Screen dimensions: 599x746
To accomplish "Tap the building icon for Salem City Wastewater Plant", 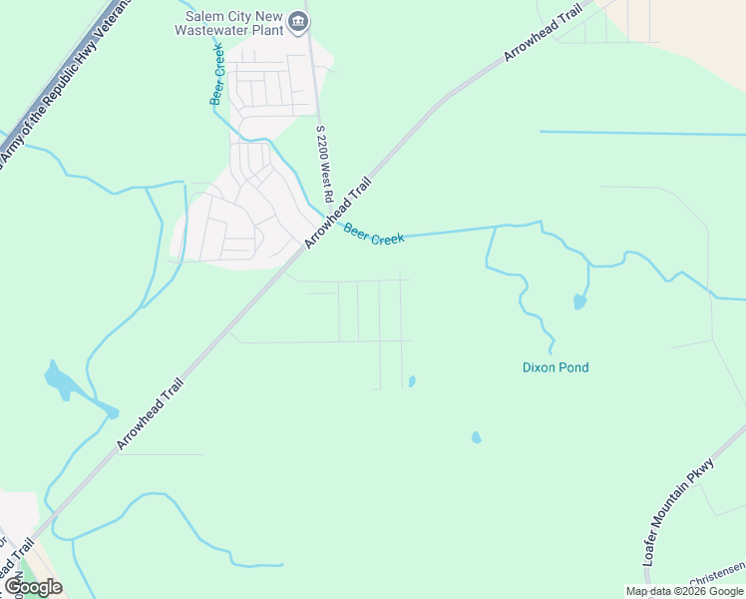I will (x=297, y=21).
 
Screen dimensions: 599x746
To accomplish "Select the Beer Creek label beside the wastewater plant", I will (x=217, y=74).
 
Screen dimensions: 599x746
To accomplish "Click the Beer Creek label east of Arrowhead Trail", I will (x=374, y=236).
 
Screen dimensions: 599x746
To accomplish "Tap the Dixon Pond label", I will (x=556, y=367).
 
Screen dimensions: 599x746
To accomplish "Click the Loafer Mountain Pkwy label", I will (x=679, y=512).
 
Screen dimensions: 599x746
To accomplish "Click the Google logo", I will (x=32, y=587).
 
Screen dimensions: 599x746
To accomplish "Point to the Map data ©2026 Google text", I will (x=684, y=591).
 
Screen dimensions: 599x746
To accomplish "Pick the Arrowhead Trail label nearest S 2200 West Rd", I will (x=339, y=212).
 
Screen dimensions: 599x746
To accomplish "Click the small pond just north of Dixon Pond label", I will (x=579, y=301).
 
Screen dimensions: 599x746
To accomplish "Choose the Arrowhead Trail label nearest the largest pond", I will (x=151, y=413).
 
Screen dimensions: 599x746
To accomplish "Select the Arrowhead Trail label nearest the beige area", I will (x=543, y=32).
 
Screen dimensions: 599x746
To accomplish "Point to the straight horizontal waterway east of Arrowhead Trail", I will (x=638, y=133).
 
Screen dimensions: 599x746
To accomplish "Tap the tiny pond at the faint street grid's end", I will (x=412, y=381).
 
